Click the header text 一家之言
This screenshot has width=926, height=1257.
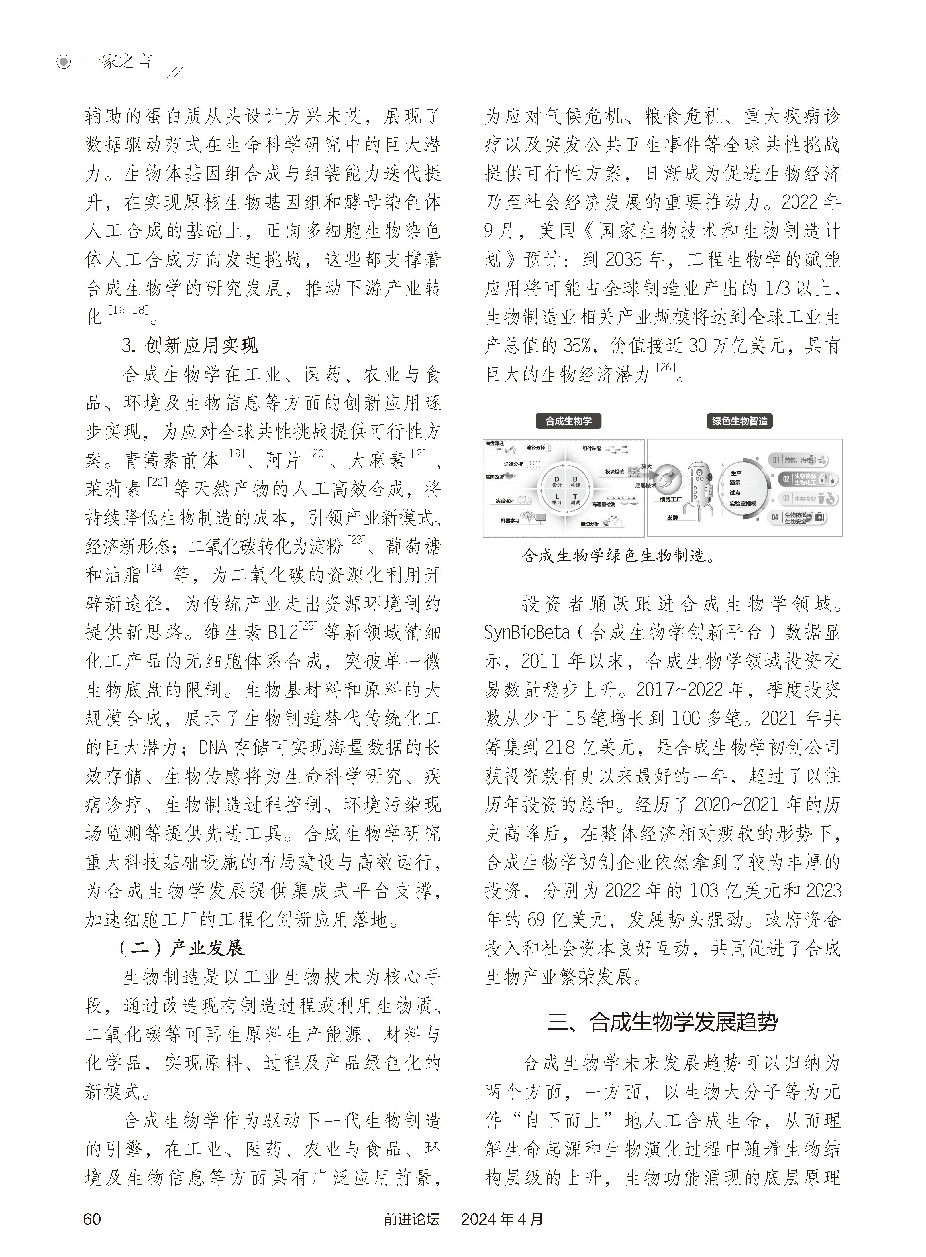(118, 62)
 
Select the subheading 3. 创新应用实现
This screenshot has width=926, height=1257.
(189, 345)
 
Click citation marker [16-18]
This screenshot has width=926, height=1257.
(129, 310)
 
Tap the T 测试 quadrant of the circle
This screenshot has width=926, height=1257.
(574, 499)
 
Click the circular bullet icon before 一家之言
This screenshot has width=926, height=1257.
(64, 62)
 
